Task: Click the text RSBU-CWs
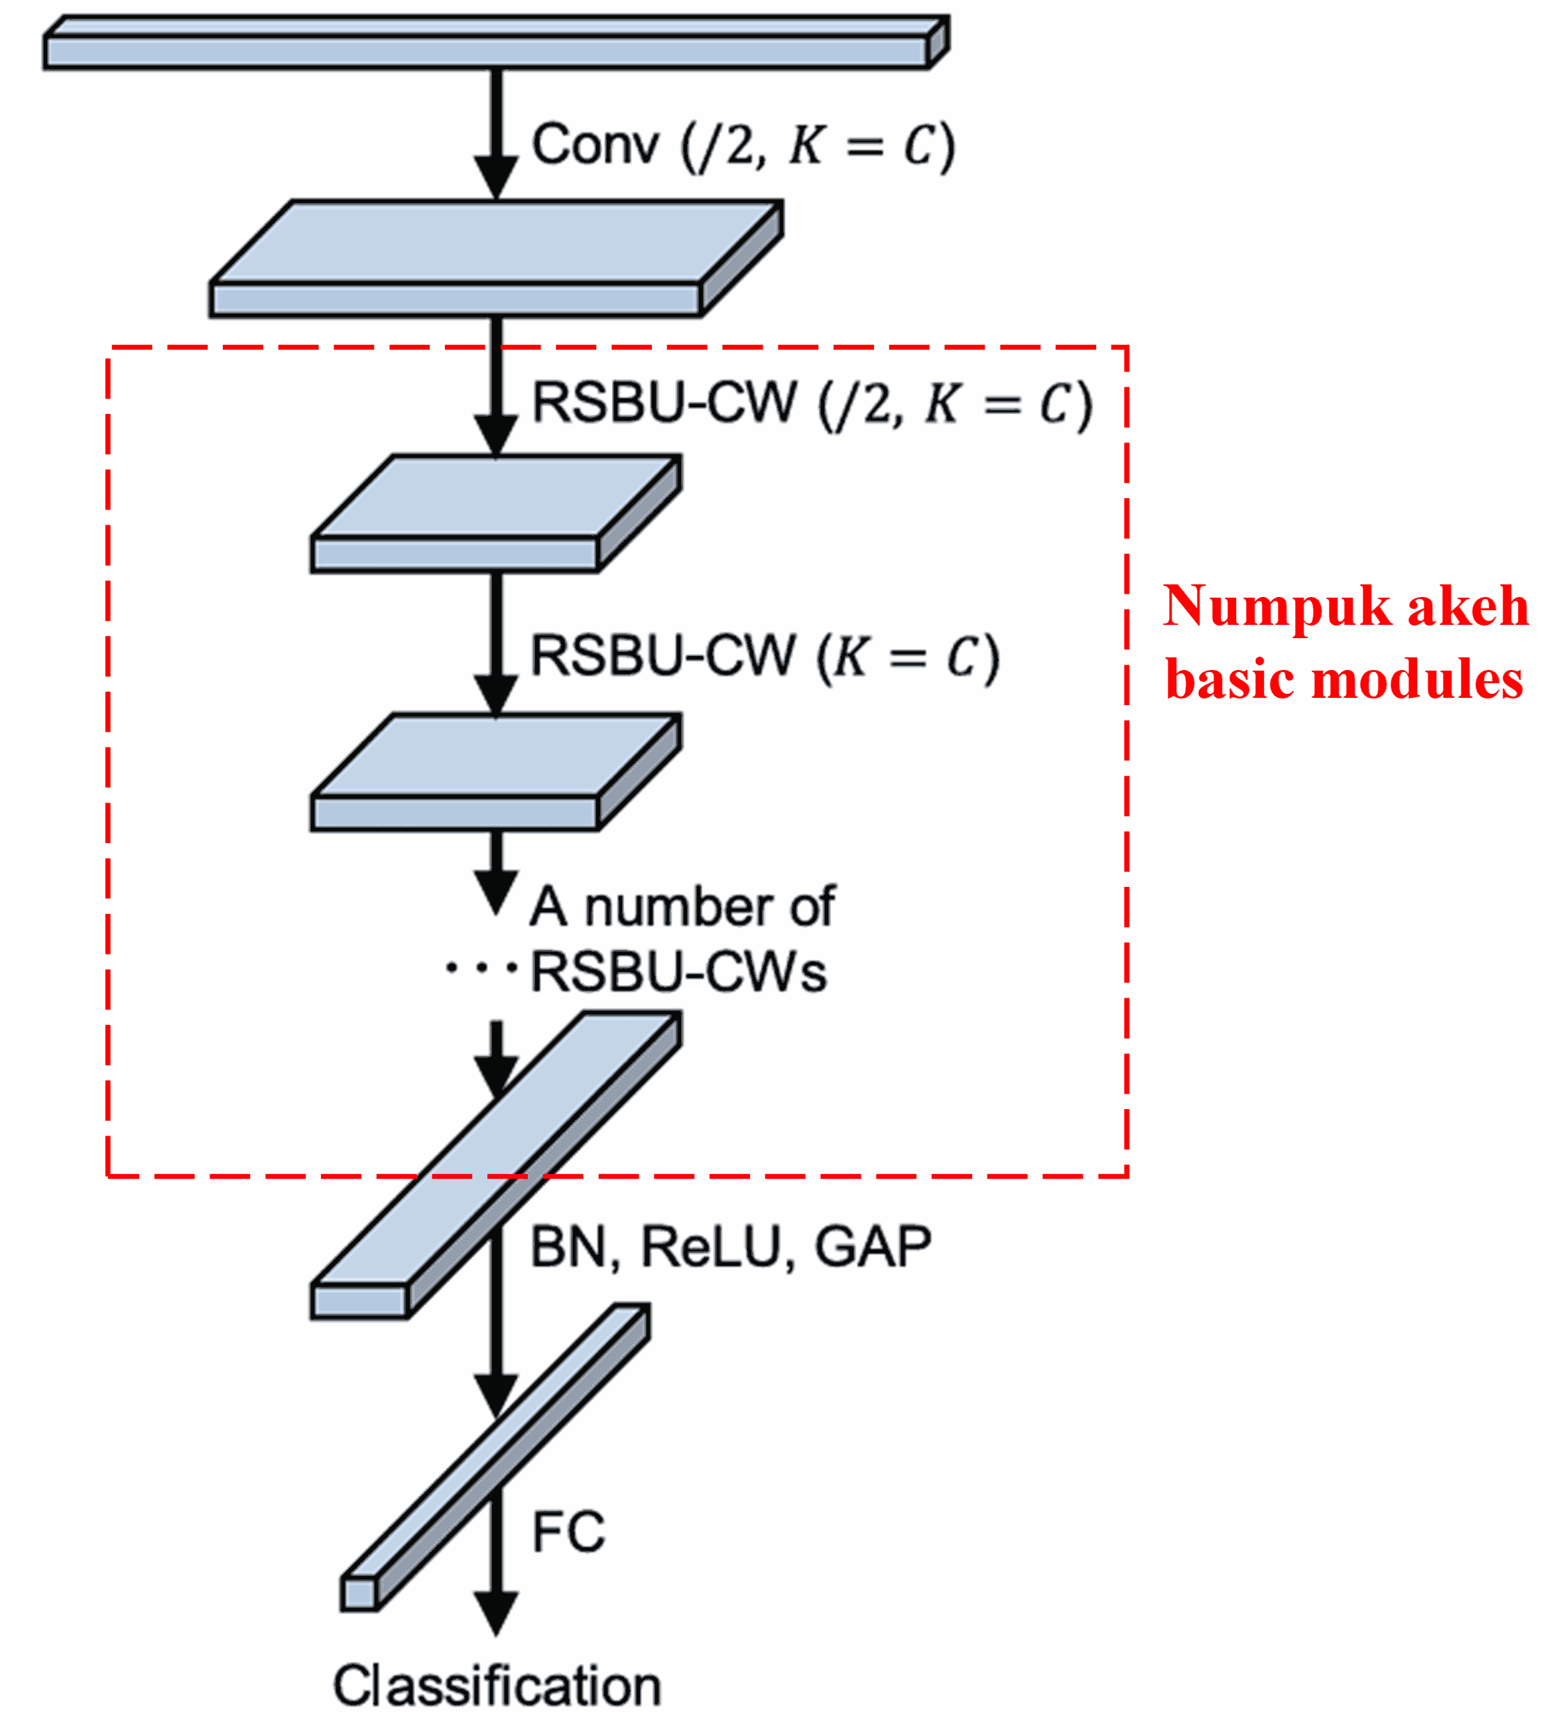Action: point(678,972)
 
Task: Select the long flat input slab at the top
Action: point(487,51)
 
